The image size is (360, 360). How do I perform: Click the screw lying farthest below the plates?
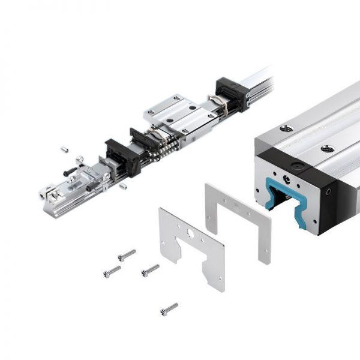[x=169, y=309]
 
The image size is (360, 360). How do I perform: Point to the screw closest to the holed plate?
[x=150, y=271]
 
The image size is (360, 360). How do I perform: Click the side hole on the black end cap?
[x=328, y=193]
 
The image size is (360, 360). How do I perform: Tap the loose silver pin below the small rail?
[x=123, y=186]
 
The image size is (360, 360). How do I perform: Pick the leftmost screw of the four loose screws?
[x=112, y=272]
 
